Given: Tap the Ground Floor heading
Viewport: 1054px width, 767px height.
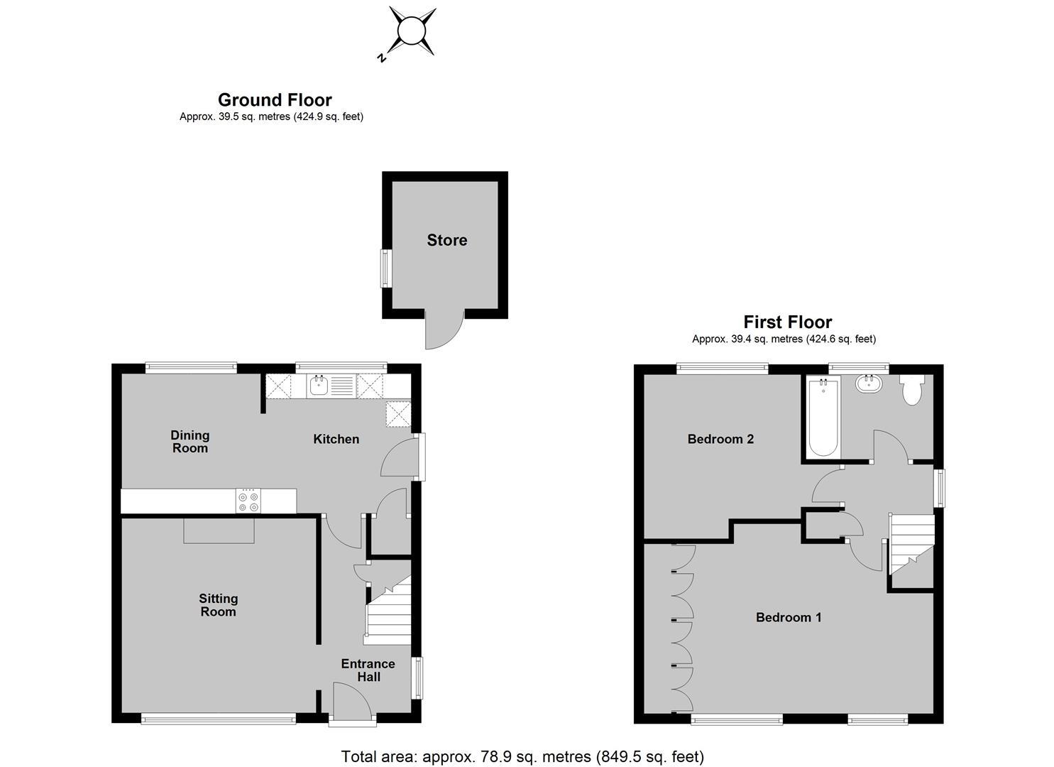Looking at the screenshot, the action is click(x=275, y=100).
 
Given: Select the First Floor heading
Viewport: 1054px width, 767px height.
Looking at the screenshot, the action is click(x=788, y=322).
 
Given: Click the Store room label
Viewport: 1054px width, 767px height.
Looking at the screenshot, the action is click(x=447, y=240).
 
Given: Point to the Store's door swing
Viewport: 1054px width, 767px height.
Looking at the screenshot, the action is click(x=444, y=329).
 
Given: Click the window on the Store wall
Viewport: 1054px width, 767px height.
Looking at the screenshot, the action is click(x=386, y=268).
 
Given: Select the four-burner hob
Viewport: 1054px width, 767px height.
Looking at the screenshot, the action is click(x=248, y=501).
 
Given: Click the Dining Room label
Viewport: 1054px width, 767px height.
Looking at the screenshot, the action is click(x=190, y=442).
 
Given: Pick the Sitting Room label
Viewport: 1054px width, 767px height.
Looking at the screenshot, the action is click(x=219, y=605).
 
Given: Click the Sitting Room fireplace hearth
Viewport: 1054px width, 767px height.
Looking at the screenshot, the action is click(x=219, y=531).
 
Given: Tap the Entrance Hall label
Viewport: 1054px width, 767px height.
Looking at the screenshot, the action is click(x=368, y=670).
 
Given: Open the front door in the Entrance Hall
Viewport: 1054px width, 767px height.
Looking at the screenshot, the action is click(x=352, y=701).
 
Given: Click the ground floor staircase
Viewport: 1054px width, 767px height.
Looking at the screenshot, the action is click(x=389, y=610).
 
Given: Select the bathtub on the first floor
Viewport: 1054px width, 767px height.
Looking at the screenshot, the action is click(x=823, y=418).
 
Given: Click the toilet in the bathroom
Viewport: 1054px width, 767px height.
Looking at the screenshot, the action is click(x=912, y=390).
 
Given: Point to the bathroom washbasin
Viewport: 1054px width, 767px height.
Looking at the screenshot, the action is click(x=869, y=383).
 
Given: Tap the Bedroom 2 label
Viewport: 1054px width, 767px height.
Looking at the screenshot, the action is click(x=721, y=440).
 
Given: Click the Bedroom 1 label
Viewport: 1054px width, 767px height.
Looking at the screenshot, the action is click(x=789, y=617).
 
